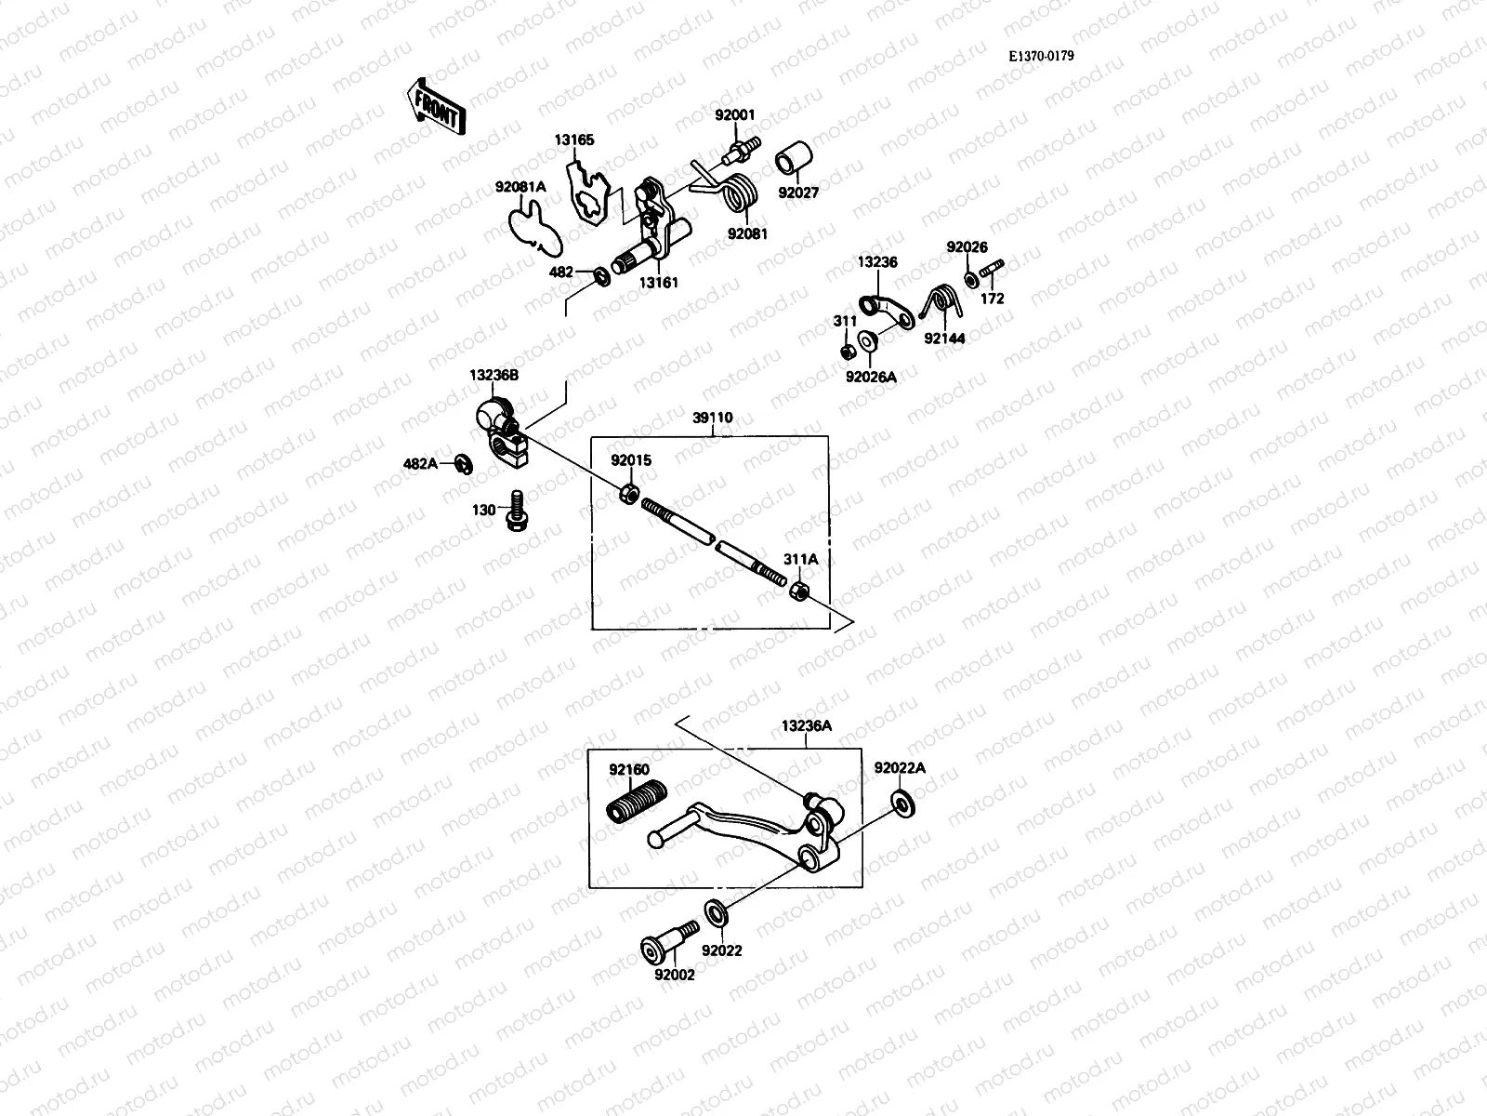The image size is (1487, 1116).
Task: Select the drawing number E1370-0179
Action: click(x=1042, y=56)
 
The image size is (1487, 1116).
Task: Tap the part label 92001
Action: click(x=734, y=115)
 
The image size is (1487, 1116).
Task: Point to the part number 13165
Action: click(x=574, y=140)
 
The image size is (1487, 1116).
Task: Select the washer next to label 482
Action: click(x=601, y=275)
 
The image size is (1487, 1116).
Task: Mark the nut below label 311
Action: click(x=847, y=352)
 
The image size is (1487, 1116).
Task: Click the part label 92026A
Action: click(x=870, y=377)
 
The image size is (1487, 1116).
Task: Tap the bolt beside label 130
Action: click(x=513, y=513)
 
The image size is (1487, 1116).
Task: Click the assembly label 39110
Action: click(x=712, y=418)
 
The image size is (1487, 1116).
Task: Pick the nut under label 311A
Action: click(x=797, y=591)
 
